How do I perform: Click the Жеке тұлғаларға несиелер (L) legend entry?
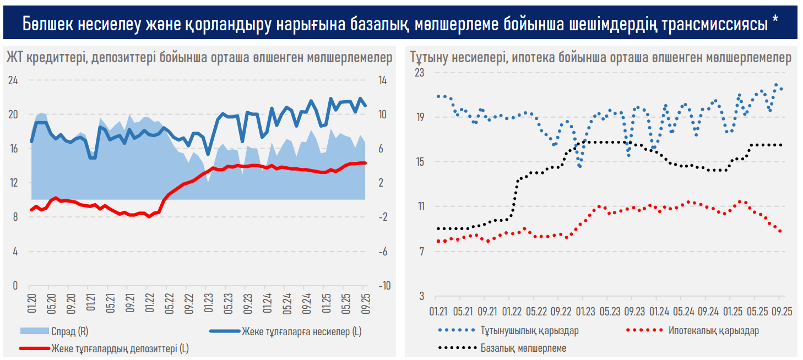click(x=301, y=331)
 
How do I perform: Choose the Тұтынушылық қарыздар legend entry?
click(x=529, y=331)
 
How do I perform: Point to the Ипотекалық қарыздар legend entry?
click(x=713, y=331)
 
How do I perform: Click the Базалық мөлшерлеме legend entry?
click(x=523, y=348)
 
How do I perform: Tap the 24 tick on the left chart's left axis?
click(x=12, y=81)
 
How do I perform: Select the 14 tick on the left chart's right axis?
click(x=382, y=81)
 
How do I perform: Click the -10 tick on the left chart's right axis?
click(x=384, y=286)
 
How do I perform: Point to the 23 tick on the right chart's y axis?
click(x=419, y=72)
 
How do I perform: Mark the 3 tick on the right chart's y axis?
click(x=421, y=296)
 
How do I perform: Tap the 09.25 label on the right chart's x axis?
click(x=780, y=311)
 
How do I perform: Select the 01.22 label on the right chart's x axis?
click(x=512, y=311)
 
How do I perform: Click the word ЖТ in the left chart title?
click(x=14, y=58)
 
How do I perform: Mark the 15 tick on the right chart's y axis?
click(x=419, y=162)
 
